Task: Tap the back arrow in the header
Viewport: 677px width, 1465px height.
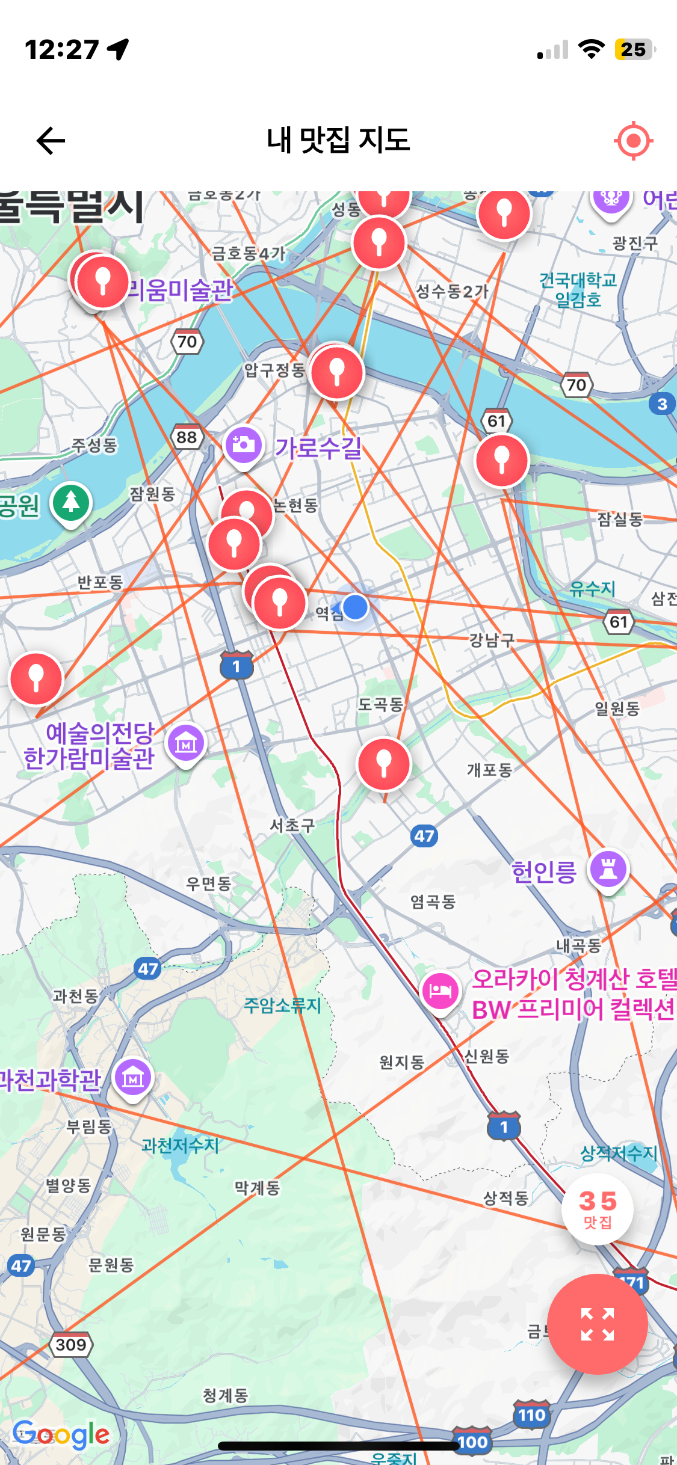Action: point(51,141)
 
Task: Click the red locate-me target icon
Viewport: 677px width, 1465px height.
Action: point(633,141)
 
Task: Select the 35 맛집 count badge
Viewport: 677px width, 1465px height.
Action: point(597,1209)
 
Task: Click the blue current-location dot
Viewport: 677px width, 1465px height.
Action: point(356,607)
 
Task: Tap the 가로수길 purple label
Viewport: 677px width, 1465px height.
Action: point(318,448)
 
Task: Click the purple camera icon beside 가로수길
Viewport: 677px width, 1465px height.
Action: point(244,446)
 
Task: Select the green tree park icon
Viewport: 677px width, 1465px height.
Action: point(71,503)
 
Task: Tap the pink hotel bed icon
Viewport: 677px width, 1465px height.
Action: point(441,990)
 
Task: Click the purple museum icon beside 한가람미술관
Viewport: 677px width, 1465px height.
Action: point(186,744)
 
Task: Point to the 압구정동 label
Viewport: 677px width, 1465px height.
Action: point(274,370)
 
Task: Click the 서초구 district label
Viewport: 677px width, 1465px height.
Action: point(292,825)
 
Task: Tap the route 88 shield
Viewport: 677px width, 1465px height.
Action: point(187,437)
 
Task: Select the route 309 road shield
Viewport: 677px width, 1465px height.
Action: point(71,1345)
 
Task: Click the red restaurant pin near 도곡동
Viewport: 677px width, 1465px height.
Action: point(383,764)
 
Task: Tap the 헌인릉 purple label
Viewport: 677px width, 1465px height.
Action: point(544,871)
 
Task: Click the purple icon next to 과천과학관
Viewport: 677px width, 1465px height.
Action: point(133,1078)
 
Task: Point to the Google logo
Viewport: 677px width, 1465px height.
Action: point(61,1435)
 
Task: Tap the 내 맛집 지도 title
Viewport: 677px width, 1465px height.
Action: point(338,141)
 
